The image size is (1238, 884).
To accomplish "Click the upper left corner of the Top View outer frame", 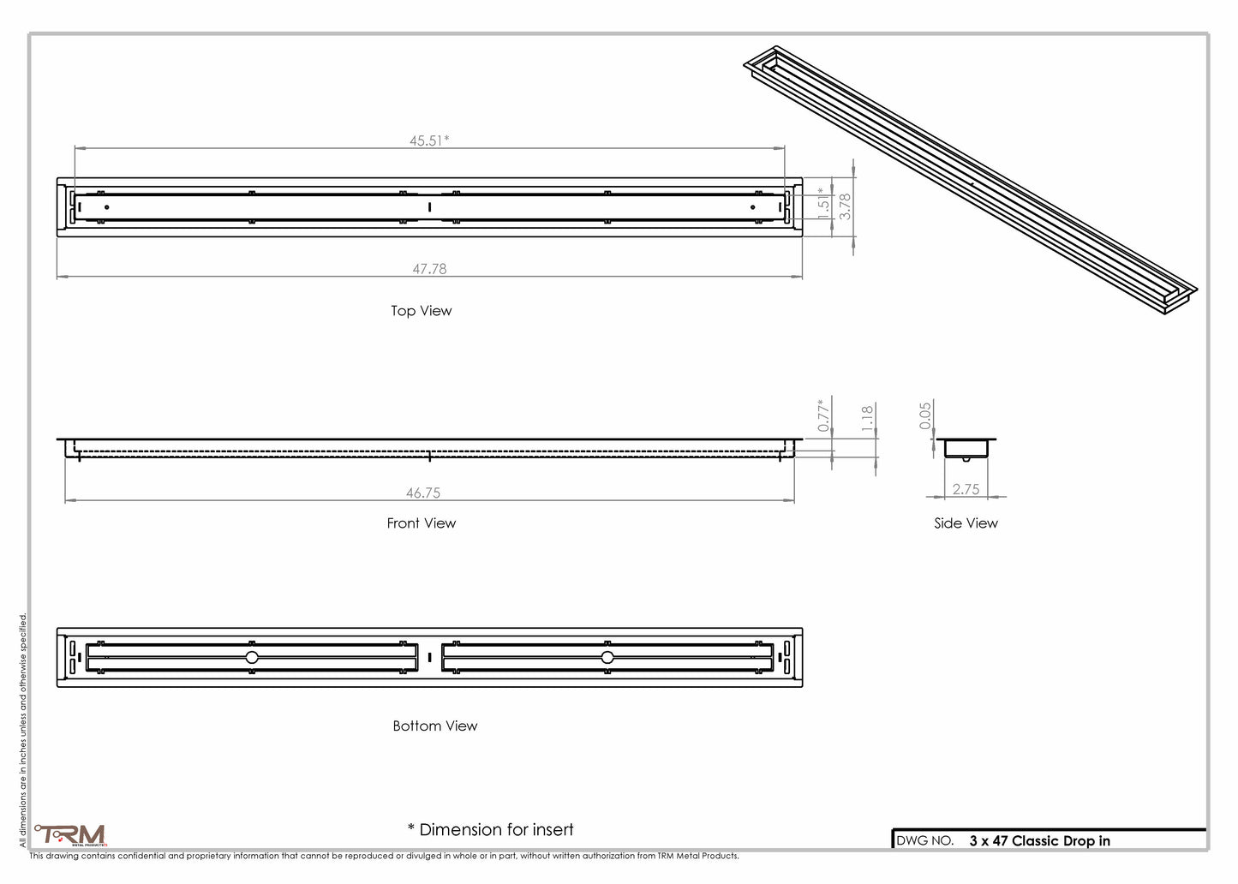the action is (57, 178).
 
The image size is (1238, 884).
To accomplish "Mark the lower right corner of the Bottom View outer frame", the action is (802, 687).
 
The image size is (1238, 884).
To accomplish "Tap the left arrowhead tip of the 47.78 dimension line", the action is (57, 276).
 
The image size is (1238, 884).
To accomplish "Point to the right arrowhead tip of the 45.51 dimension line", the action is (784, 148).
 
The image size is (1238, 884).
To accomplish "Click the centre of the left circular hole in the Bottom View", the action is (252, 658).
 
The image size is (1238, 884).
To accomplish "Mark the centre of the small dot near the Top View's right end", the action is (753, 207).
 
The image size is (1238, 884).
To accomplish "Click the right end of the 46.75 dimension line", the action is (794, 500).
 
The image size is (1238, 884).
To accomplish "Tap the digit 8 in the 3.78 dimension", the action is (845, 198).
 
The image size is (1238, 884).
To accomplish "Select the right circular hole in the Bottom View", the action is (607, 658).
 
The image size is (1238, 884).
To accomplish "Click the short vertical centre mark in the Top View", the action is (429, 207).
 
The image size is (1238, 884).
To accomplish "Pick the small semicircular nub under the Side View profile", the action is (966, 459).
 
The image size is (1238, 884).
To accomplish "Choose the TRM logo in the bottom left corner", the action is (71, 835).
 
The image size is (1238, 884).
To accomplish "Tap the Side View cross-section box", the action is (966, 448).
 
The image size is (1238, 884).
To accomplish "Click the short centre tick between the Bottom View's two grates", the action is (429, 658).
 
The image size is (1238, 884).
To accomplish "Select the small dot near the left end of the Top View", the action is (107, 207).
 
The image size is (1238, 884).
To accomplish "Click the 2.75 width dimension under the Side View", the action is (966, 489).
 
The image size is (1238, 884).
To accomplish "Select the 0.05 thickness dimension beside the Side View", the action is (925, 415).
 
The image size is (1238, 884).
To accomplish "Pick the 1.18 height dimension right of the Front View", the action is (867, 418).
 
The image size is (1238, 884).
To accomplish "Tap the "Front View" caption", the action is (422, 523).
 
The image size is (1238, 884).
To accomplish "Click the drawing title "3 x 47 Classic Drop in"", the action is (1039, 840).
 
